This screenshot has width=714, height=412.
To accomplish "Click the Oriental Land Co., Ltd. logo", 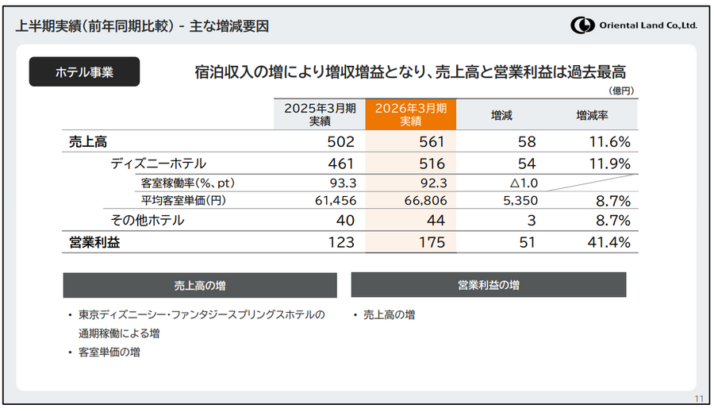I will coord(633,25).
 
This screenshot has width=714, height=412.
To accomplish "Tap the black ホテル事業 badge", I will coord(84,71).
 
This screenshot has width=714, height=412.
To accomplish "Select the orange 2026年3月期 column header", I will coord(410,114).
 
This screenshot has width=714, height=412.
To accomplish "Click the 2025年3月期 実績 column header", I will coord(320,114).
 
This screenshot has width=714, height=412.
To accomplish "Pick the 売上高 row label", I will coord(88,142).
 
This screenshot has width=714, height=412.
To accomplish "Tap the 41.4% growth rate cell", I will coord(609,243).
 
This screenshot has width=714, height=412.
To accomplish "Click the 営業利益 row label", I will coord(94,243).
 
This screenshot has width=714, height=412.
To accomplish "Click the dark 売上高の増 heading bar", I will coord(200,285).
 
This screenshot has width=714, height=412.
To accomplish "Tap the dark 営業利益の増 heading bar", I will coord(488,284).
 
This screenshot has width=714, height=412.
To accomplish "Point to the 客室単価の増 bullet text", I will coord(109,352).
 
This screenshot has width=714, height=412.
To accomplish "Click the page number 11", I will coord(698,399).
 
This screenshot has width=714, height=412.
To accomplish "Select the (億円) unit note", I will coord(621,92).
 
